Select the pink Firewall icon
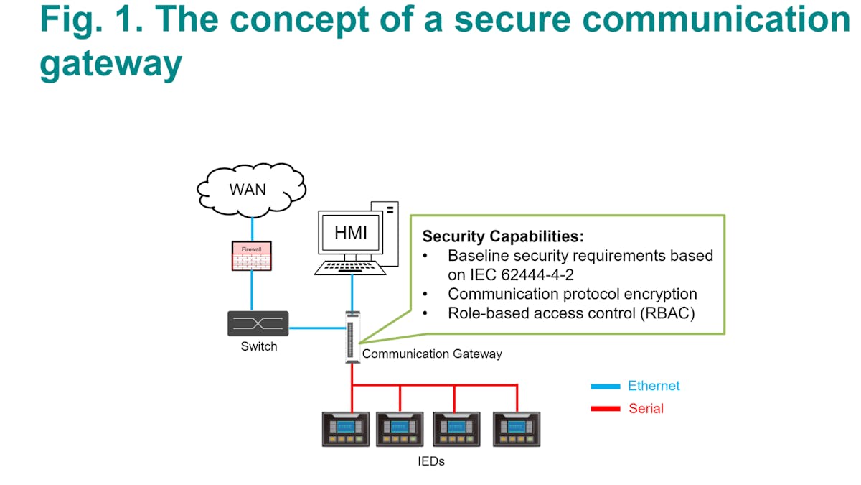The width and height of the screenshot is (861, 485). (x=252, y=256)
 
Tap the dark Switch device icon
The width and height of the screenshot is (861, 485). (x=258, y=323)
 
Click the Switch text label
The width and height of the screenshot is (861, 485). (x=258, y=346)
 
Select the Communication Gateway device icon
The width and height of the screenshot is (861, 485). (x=352, y=337)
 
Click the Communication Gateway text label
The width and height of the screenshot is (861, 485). (x=432, y=354)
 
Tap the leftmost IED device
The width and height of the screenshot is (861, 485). (x=346, y=430)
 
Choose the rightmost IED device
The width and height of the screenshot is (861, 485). (x=517, y=430)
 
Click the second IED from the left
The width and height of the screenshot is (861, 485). (x=400, y=430)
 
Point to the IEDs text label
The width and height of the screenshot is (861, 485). (x=431, y=461)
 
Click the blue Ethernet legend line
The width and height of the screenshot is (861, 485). (x=605, y=387)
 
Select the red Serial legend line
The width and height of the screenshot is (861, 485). (x=605, y=409)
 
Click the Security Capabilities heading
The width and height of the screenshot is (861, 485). (x=504, y=236)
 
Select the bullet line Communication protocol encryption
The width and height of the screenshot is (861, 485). (x=572, y=293)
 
